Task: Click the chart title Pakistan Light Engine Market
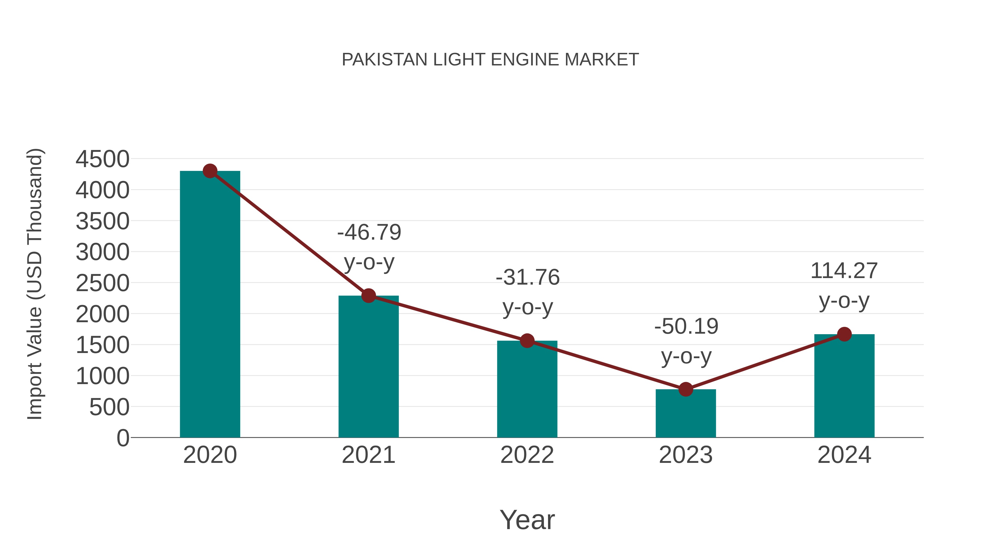490,60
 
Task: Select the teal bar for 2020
210,305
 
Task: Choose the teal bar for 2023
686,415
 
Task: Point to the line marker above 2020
210,171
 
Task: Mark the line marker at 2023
686,389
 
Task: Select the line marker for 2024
844,334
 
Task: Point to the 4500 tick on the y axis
102,159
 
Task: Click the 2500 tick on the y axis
102,283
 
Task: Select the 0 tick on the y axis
123,438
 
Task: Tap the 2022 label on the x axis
527,455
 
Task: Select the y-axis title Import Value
35,284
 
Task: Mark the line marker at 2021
368,295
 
